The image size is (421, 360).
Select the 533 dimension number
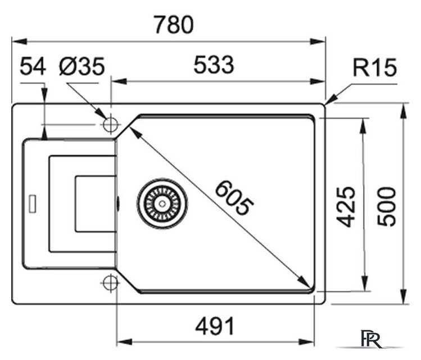213,66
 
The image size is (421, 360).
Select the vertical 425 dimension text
348,206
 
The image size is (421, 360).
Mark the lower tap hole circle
110,282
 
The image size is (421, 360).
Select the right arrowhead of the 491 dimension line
321,341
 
